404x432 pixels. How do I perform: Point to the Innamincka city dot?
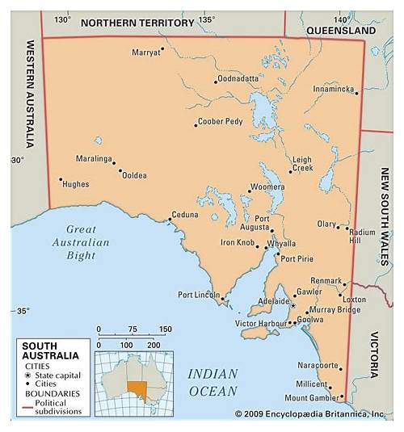[x=356, y=92]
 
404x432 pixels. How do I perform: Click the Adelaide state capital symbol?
[x=292, y=304]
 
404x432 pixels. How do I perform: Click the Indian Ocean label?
[x=213, y=383]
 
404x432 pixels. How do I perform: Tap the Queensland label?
[x=341, y=30]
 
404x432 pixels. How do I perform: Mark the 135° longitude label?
[x=207, y=19]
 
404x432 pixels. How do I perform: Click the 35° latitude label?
[x=22, y=311]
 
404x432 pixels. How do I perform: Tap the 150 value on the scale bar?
[x=165, y=329]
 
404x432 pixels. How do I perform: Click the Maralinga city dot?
[x=113, y=161]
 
